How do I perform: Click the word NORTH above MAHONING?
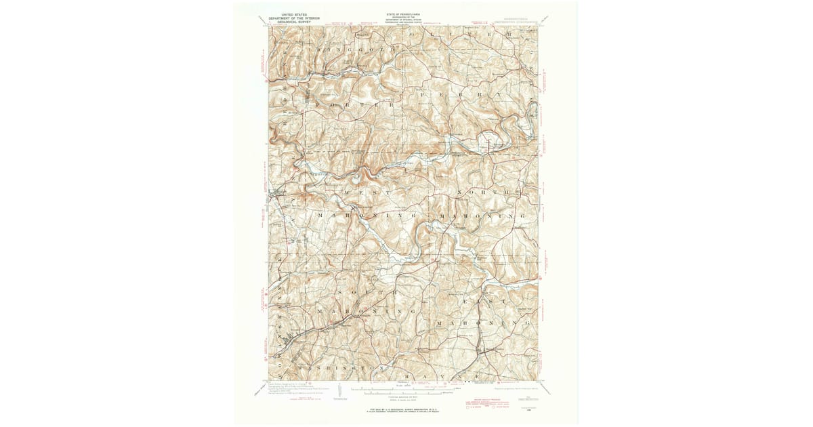pyautogui.click(x=482, y=192)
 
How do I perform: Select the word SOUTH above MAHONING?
pyautogui.click(x=373, y=291)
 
